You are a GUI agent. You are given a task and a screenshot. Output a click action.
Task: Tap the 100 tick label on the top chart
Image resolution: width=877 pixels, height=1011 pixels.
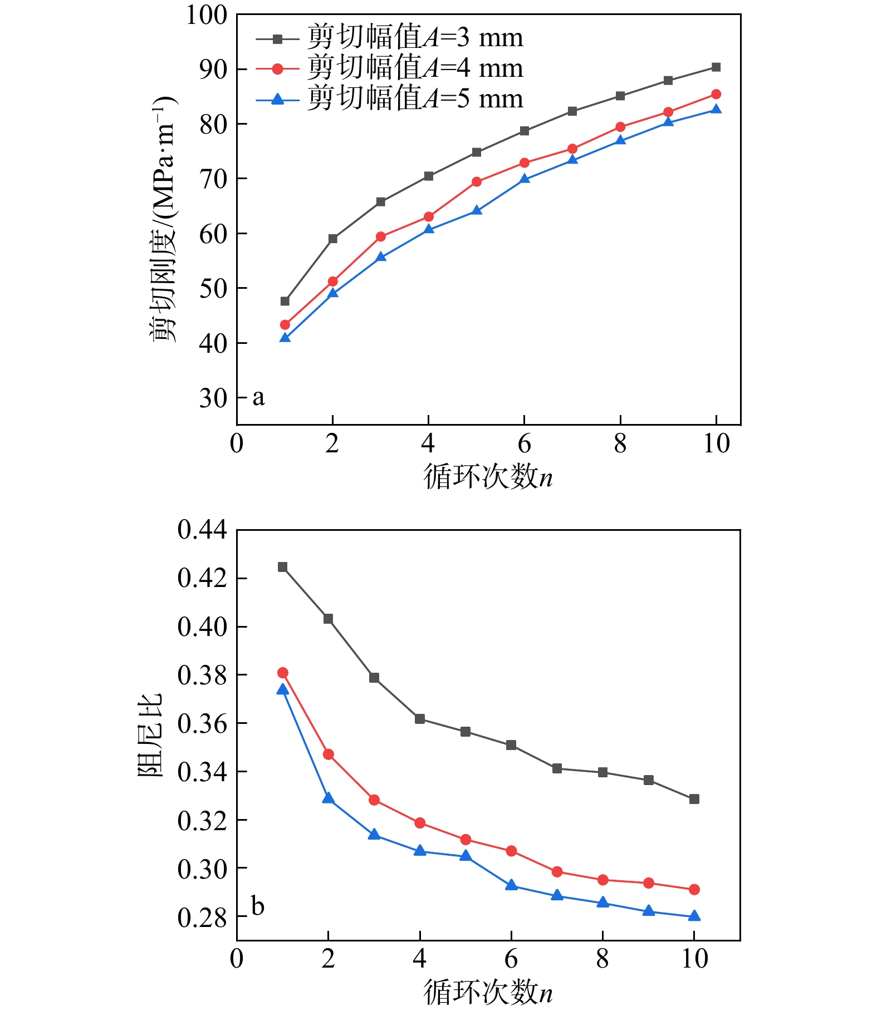tap(207, 15)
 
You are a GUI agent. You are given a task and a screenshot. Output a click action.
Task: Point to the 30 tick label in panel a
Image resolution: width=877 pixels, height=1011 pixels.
tap(213, 398)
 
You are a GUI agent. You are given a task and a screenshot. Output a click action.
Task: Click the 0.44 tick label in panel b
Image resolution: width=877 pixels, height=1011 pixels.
tap(203, 530)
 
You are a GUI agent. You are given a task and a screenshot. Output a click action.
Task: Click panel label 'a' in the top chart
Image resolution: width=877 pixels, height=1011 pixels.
tap(258, 397)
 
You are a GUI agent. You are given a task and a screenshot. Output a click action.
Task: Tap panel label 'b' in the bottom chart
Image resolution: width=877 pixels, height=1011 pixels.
tap(258, 906)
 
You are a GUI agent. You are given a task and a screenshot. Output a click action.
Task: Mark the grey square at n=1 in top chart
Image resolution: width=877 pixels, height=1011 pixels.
tap(285, 301)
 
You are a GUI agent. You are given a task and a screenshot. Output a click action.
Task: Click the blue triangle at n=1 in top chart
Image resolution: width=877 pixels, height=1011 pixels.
tap(285, 338)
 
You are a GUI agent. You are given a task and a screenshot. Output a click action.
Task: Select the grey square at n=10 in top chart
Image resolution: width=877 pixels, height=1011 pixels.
tap(716, 67)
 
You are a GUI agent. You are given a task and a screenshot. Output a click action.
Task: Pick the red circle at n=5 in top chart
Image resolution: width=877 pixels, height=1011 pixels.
tap(477, 182)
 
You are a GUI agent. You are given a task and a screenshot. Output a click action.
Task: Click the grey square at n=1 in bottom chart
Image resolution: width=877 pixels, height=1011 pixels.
tap(283, 567)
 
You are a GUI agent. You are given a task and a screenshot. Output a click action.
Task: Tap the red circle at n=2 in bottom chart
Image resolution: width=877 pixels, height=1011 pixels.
tap(329, 754)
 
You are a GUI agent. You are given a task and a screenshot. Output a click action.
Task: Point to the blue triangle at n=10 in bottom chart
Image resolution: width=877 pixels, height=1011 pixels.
tap(694, 916)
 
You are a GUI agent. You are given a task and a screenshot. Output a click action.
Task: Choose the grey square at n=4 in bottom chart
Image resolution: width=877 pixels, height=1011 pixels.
tap(420, 719)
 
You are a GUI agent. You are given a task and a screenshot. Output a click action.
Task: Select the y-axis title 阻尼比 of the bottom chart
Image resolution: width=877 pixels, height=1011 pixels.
tap(150, 735)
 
